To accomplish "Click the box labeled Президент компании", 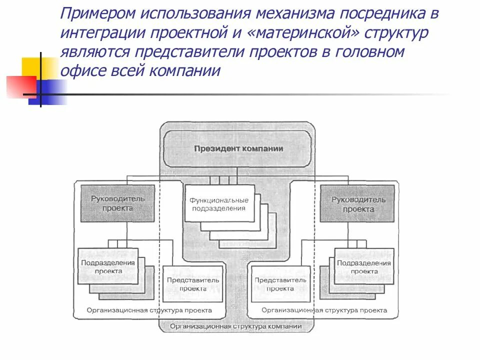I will click(x=238, y=148).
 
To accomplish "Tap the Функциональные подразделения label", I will click(x=218, y=203).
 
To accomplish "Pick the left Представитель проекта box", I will click(x=193, y=284).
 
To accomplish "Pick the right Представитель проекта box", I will click(x=280, y=284).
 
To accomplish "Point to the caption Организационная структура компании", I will click(x=235, y=326).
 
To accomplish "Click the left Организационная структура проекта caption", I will click(x=149, y=310).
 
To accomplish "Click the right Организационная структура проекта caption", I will click(x=324, y=310).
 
